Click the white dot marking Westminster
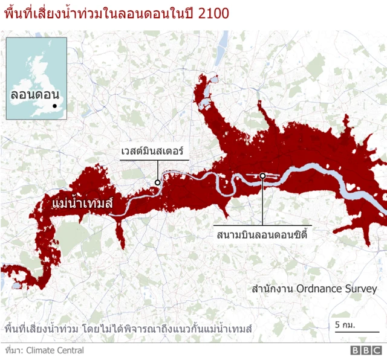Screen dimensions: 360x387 pos(157,182)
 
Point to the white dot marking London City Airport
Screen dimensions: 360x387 pos(263,176)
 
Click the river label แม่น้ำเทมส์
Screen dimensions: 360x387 pos(83,202)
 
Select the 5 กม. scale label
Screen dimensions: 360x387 pos(344,326)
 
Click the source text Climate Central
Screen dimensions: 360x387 pos(54,350)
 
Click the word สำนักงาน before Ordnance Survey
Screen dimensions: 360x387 pos(273,289)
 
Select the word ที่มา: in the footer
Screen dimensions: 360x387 pos(13,350)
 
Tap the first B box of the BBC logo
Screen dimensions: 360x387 pos(354,350)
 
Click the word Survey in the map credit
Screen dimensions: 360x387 pos(360,289)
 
